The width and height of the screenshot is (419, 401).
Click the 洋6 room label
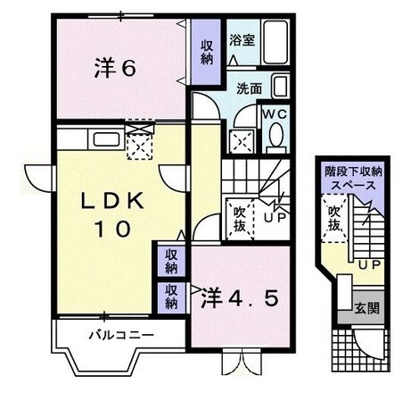[x=115, y=68]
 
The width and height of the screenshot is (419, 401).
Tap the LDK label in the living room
[x=113, y=201]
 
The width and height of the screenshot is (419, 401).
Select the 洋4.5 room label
[x=240, y=298]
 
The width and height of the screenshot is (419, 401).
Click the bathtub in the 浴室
[x=275, y=42]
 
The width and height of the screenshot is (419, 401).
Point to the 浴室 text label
[x=242, y=40]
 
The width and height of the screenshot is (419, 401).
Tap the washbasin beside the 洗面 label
[x=280, y=86]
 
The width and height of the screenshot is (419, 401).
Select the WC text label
[x=275, y=114]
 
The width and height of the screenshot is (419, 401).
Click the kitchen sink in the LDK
[x=106, y=139]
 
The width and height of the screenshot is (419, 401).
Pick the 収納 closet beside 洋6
[x=206, y=52]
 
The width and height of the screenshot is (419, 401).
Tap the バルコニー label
[x=122, y=336]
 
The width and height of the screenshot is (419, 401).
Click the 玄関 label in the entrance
[x=367, y=308]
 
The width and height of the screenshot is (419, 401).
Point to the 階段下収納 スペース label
[x=353, y=179]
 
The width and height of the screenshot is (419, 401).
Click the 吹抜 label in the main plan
[x=240, y=219]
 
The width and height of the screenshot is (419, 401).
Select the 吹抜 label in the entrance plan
[x=334, y=219]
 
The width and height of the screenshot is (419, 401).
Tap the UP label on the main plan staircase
[x=275, y=218]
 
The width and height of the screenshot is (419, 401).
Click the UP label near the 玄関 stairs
[x=369, y=263]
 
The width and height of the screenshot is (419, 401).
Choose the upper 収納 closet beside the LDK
[x=171, y=261]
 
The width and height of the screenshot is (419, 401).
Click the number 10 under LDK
[x=112, y=229]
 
